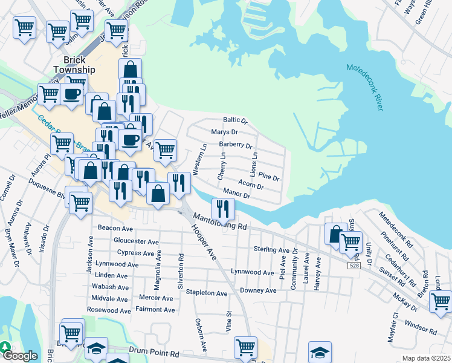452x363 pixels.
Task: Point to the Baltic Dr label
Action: (x=236, y=120)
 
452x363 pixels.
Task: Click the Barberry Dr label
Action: (x=235, y=145)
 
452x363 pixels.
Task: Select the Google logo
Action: (x=20, y=356)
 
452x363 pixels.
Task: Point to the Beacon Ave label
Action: (x=115, y=229)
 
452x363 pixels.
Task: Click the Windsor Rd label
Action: (x=421, y=329)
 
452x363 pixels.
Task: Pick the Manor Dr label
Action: (x=236, y=193)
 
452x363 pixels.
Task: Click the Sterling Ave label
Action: (x=271, y=249)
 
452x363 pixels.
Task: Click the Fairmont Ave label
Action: (x=155, y=310)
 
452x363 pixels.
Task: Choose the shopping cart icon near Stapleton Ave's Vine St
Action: (x=245, y=347)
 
